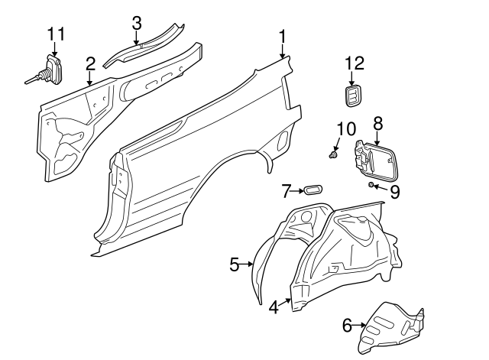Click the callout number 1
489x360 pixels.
(x=282, y=37)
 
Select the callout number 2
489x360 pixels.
(x=90, y=63)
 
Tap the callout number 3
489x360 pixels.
(x=137, y=24)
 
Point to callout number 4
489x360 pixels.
(x=274, y=307)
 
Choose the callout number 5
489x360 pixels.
(x=235, y=264)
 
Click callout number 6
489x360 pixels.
(x=348, y=326)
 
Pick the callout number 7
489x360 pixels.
(x=287, y=191)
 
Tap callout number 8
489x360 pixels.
(x=377, y=123)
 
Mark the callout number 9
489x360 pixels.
(x=394, y=192)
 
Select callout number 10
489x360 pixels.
(x=346, y=128)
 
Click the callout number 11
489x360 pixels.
(x=56, y=34)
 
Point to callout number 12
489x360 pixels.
(x=355, y=63)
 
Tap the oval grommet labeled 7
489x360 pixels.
(x=313, y=190)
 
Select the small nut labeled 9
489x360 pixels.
(x=371, y=185)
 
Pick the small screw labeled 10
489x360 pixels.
(x=333, y=154)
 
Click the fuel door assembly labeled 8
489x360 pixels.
(x=377, y=162)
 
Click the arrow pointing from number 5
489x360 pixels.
(x=246, y=264)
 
